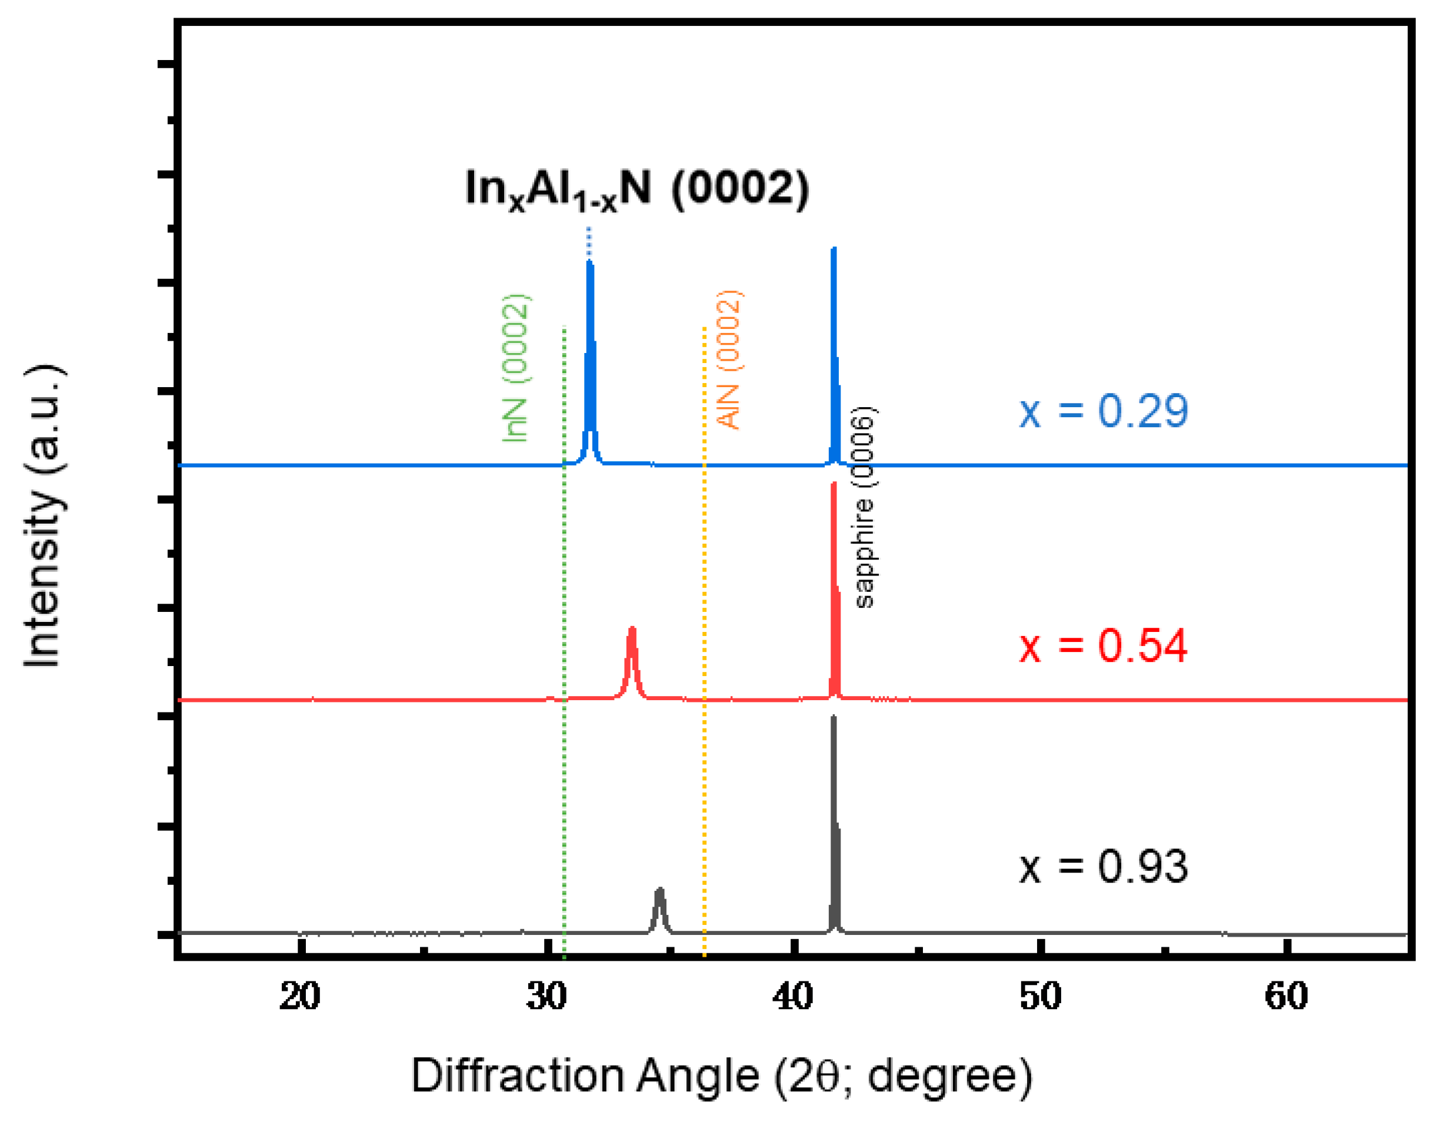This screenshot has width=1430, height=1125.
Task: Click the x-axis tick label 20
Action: tap(299, 996)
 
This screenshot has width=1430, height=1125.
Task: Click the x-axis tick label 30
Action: tap(546, 996)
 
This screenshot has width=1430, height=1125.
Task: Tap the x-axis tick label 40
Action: tap(794, 996)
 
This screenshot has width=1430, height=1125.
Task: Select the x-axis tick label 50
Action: tap(1040, 996)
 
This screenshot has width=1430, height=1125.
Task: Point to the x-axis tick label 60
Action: tap(1286, 996)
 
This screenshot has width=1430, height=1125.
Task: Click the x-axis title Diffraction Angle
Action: tap(722, 1076)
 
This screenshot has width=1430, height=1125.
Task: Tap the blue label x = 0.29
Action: tap(1104, 411)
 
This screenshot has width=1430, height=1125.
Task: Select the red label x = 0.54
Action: tap(1104, 645)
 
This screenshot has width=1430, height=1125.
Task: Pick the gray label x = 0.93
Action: tap(1104, 867)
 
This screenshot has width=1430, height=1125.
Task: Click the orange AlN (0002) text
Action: tap(728, 360)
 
